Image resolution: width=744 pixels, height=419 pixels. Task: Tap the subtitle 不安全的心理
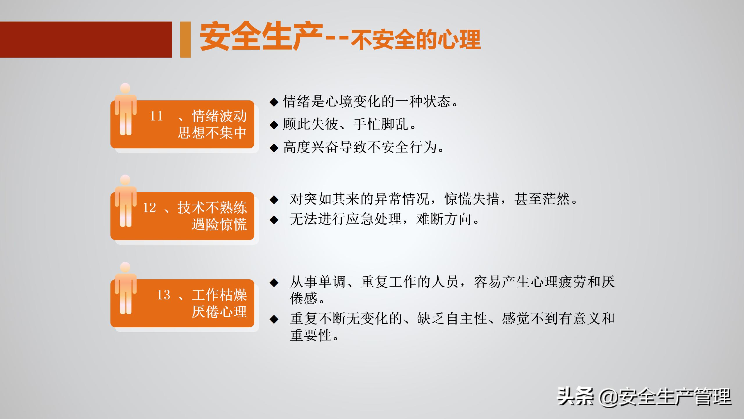416,40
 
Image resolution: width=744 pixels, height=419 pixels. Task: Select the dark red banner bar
86,40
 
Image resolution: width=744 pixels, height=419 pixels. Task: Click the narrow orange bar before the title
185,40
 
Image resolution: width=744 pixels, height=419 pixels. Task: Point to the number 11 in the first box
156,116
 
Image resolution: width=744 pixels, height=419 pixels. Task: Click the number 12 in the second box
149,208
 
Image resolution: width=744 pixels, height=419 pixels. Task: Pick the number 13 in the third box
163,295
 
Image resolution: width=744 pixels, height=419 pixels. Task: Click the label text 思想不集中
212,133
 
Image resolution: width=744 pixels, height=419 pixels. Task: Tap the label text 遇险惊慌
219,224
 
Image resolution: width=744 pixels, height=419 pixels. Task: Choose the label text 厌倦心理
219,312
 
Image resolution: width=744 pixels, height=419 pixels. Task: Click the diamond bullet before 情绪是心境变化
274,102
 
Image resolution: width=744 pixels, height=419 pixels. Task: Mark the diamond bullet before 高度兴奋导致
274,148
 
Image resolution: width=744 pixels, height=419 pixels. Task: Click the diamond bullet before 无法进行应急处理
274,220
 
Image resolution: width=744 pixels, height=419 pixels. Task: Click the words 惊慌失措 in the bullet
472,199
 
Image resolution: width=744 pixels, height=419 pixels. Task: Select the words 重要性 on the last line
311,335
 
